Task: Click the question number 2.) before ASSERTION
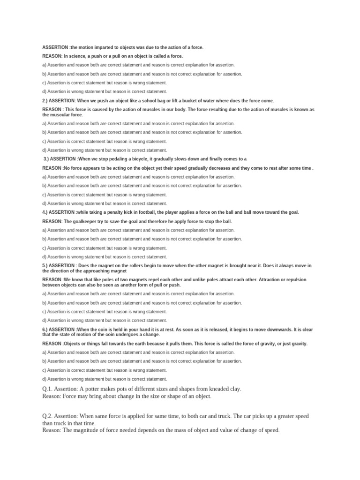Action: click(45, 101)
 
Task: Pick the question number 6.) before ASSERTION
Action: click(45, 330)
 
